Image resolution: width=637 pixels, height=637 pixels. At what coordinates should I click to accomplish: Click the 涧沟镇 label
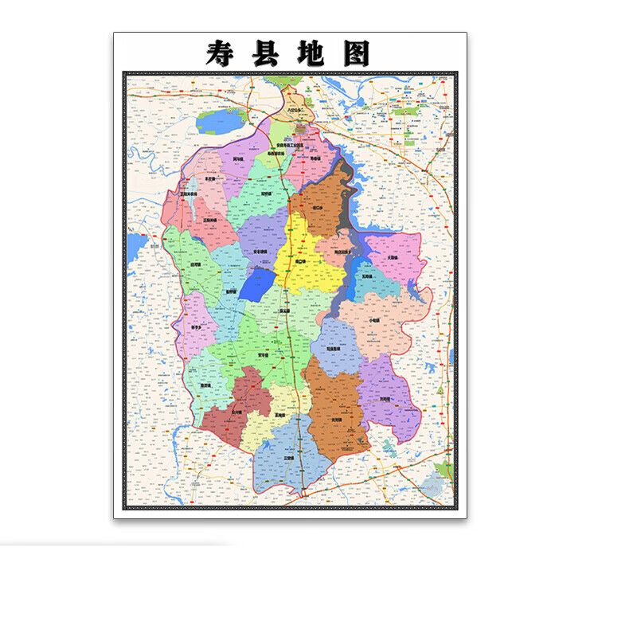[238, 159]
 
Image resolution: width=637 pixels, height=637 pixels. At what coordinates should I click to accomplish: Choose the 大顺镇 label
[391, 258]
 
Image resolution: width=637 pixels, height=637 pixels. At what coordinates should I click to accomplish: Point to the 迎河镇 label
[196, 265]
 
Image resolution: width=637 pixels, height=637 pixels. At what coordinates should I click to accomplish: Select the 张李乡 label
[197, 326]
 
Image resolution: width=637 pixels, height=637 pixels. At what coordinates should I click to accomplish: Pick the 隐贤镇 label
[205, 386]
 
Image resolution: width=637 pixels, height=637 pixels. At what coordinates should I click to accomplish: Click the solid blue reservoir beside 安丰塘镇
[256, 283]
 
